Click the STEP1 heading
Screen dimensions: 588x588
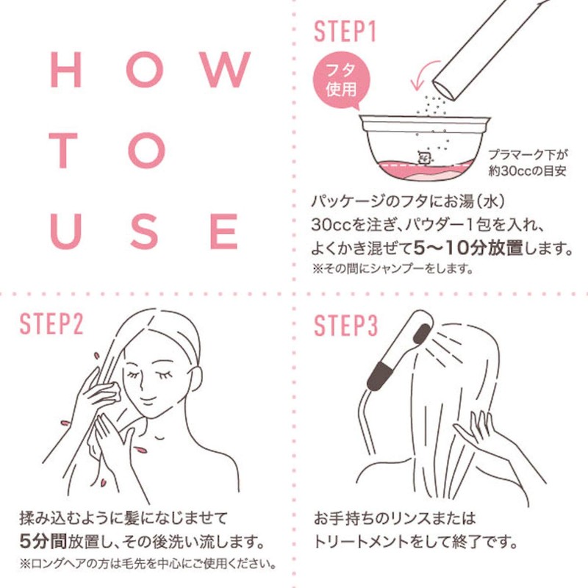pyautogui.click(x=345, y=31)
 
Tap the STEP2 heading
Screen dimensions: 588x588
pyautogui.click(x=51, y=323)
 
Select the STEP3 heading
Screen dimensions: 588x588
pyautogui.click(x=345, y=325)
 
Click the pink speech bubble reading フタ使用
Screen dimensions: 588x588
pyautogui.click(x=341, y=81)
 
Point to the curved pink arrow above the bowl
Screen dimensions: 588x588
pyautogui.click(x=423, y=73)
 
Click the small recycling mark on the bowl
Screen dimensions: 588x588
pyautogui.click(x=424, y=157)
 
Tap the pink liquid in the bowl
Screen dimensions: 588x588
pyautogui.click(x=424, y=173)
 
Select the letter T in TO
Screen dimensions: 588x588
pyautogui.click(x=63, y=150)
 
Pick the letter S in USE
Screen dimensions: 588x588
pyautogui.click(x=144, y=232)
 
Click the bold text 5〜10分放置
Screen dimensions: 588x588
pyautogui.click(x=468, y=248)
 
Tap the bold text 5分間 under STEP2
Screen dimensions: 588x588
pyautogui.click(x=43, y=541)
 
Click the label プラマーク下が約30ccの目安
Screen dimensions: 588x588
pyautogui.click(x=528, y=162)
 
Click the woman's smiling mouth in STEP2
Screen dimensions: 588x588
pyautogui.click(x=147, y=401)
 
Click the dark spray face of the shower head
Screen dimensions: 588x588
pyautogui.click(x=422, y=334)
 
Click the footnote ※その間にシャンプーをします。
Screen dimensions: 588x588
pyautogui.click(x=392, y=268)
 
